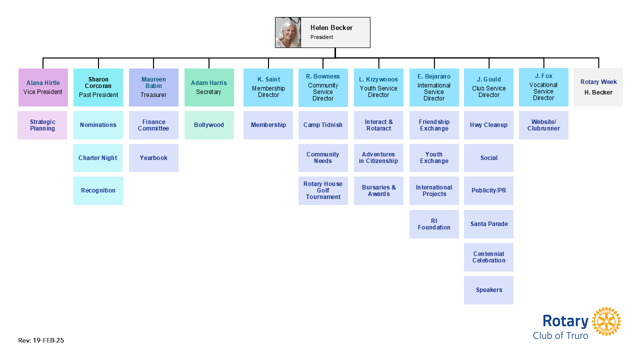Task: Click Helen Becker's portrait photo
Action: click(x=288, y=32)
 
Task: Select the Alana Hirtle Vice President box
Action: click(x=43, y=87)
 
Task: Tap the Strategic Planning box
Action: click(x=42, y=125)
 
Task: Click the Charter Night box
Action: click(x=98, y=158)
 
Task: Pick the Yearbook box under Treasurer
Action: click(x=153, y=158)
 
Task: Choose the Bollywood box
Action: click(x=209, y=125)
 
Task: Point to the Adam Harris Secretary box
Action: click(x=209, y=87)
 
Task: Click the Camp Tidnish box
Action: click(x=323, y=125)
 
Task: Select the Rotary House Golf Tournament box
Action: click(x=323, y=190)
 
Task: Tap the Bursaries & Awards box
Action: click(x=378, y=190)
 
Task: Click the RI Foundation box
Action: click(x=434, y=224)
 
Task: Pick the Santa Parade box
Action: click(x=488, y=224)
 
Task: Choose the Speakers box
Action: click(x=488, y=290)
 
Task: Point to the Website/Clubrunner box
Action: click(x=543, y=125)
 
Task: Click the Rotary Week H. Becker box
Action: click(x=598, y=87)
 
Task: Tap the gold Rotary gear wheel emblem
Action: click(x=606, y=321)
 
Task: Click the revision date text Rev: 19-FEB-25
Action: click(x=41, y=340)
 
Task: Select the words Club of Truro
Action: click(x=560, y=335)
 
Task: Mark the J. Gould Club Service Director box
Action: click(x=488, y=87)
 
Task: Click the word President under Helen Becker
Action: click(x=321, y=37)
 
